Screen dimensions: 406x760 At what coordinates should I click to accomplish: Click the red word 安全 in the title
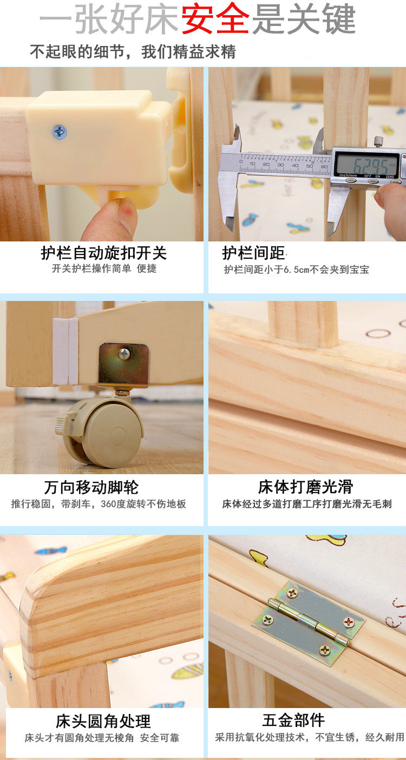click(215, 18)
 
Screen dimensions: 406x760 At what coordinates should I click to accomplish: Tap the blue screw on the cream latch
click(60, 132)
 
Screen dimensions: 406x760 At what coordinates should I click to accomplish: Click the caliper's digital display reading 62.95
click(366, 165)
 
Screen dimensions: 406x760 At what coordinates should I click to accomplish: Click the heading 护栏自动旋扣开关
click(104, 253)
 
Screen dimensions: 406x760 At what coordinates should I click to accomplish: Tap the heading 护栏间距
click(254, 253)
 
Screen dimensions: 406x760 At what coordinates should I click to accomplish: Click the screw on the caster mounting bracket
click(124, 354)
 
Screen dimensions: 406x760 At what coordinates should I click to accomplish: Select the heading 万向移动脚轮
click(91, 488)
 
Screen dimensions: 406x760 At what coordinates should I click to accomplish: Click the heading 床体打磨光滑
click(306, 487)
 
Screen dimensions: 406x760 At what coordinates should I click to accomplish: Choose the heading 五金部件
click(293, 720)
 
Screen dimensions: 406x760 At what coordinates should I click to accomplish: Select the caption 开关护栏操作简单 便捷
click(104, 268)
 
